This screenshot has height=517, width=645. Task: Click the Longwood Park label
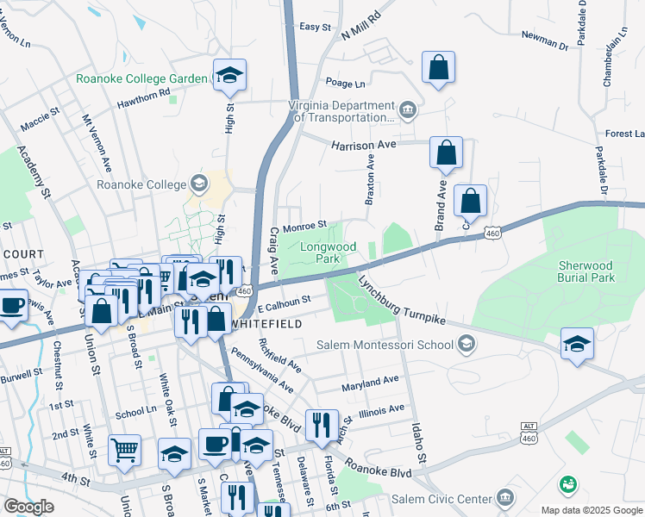328,252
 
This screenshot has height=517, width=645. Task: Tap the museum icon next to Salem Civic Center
505,498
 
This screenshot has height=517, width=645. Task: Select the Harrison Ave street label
363,145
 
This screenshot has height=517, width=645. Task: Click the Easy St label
315,27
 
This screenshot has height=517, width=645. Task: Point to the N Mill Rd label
360,25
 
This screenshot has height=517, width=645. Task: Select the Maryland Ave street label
371,380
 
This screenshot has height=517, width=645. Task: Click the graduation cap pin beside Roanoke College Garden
230,75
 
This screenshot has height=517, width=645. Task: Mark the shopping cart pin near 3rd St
124,449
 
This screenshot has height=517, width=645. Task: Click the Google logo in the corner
28,507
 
